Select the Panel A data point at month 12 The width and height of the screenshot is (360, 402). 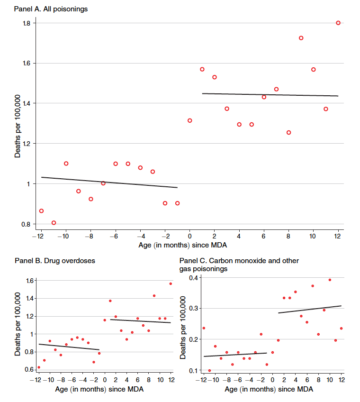click(x=338, y=23)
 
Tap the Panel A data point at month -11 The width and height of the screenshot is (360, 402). click(x=54, y=223)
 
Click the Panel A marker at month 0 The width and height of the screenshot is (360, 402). click(x=189, y=120)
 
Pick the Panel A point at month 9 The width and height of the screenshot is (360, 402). click(x=301, y=38)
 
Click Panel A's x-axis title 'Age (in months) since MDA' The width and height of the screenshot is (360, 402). click(x=189, y=246)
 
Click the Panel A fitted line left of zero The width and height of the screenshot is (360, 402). click(x=109, y=182)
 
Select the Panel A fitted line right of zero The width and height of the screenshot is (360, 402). click(x=270, y=95)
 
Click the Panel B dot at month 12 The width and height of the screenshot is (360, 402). click(x=171, y=283)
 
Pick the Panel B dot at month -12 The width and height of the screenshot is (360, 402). click(x=39, y=367)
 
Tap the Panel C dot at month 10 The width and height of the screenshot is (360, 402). click(x=330, y=280)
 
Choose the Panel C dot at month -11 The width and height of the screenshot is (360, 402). click(x=209, y=371)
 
